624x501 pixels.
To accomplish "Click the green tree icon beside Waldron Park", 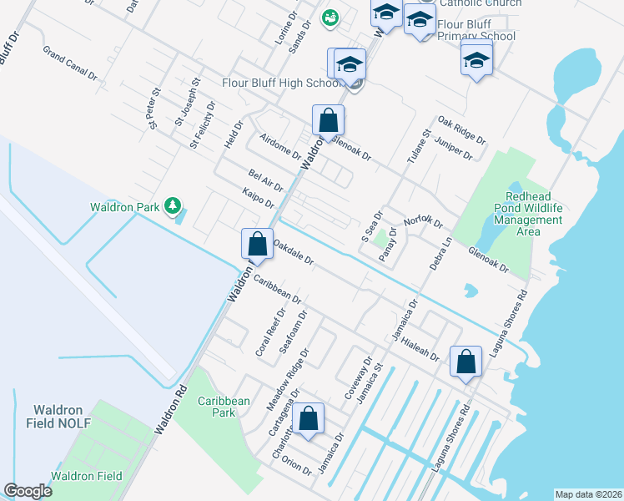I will (172, 206).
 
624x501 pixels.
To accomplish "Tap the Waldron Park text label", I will (126, 207).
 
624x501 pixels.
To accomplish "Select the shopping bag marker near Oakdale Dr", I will (257, 245).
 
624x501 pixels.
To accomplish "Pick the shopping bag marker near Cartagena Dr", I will (309, 419).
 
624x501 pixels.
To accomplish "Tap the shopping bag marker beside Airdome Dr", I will (328, 119).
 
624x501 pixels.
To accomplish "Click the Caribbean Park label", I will (223, 407).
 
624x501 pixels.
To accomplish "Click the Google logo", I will (28, 491).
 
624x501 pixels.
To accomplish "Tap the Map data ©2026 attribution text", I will (588, 493).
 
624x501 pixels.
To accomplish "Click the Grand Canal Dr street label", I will (70, 66).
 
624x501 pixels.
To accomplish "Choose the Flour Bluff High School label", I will (278, 83).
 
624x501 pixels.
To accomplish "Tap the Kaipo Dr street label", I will (258, 199).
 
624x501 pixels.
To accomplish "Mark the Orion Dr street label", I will (297, 463).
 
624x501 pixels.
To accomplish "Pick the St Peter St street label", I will (153, 109).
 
